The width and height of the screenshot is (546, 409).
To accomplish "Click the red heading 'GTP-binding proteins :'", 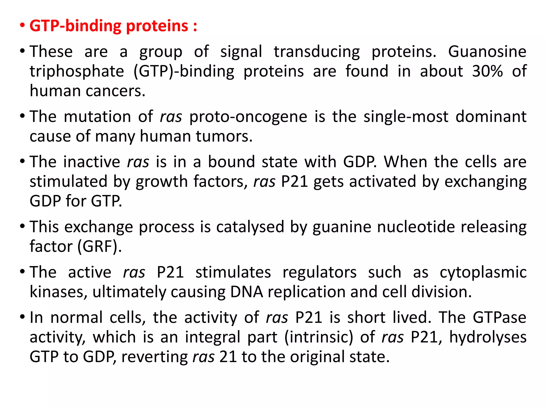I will pos(113,26).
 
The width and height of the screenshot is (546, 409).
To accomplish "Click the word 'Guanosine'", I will pos(487,51).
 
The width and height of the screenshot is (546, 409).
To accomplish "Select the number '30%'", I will pos(487,71).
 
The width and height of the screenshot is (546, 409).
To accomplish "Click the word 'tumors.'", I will pos(224,136).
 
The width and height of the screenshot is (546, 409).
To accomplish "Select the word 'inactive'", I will pos(92,162).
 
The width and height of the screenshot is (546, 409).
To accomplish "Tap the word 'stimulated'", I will pos(68,182).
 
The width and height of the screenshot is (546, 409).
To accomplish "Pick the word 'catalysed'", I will pos(250,227).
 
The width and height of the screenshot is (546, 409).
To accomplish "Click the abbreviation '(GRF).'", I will pos(99,247).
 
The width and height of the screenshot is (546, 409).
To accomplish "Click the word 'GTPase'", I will pos(499,318).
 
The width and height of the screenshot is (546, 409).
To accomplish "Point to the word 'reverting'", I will pos(154,357).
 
